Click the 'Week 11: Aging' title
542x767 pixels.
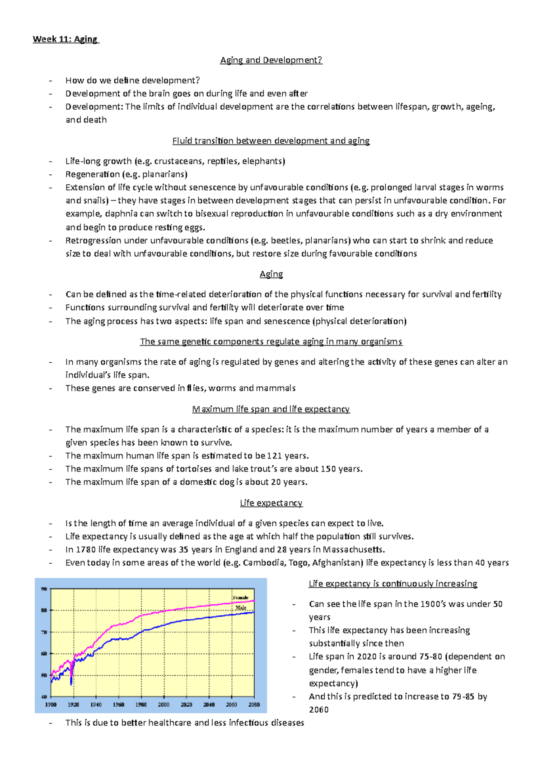65,39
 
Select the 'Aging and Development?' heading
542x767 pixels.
271,60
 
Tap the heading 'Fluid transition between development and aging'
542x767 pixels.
271,141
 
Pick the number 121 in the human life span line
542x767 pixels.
274,456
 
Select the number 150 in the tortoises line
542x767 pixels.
328,469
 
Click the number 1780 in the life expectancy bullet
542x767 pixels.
86,550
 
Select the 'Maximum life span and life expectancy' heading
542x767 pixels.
271,409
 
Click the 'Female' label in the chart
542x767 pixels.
240,598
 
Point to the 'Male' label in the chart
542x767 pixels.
241,608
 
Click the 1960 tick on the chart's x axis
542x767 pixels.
118,705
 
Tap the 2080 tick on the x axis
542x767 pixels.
254,705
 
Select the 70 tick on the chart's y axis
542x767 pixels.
44,632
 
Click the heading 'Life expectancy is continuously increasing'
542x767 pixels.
392,584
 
